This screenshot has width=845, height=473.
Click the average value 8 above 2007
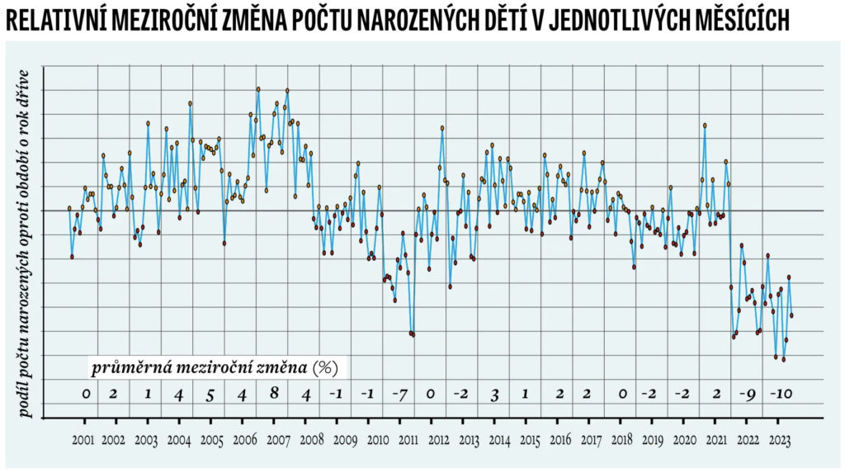coord(274,393)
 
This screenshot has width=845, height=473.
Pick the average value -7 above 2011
coord(399,394)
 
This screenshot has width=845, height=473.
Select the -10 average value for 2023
coord(780,394)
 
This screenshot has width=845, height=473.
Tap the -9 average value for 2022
coord(748,394)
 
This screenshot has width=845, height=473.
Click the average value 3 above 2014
coord(494,395)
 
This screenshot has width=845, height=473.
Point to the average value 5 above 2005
coord(210,395)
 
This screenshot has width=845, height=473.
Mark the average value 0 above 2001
coord(85,394)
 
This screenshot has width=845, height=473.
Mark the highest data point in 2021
coord(705,125)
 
